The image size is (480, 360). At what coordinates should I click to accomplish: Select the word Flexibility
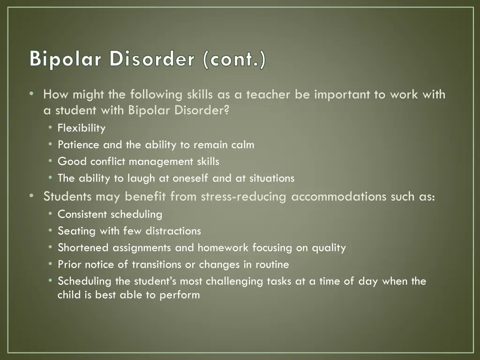[82, 128]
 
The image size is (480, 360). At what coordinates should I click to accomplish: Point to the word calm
[243, 145]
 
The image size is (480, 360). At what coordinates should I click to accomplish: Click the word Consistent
[82, 215]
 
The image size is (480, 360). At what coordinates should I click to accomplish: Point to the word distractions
[173, 231]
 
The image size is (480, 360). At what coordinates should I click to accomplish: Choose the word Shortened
[83, 248]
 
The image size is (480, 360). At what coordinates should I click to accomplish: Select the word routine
[272, 265]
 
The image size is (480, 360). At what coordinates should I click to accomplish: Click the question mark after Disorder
[227, 111]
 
